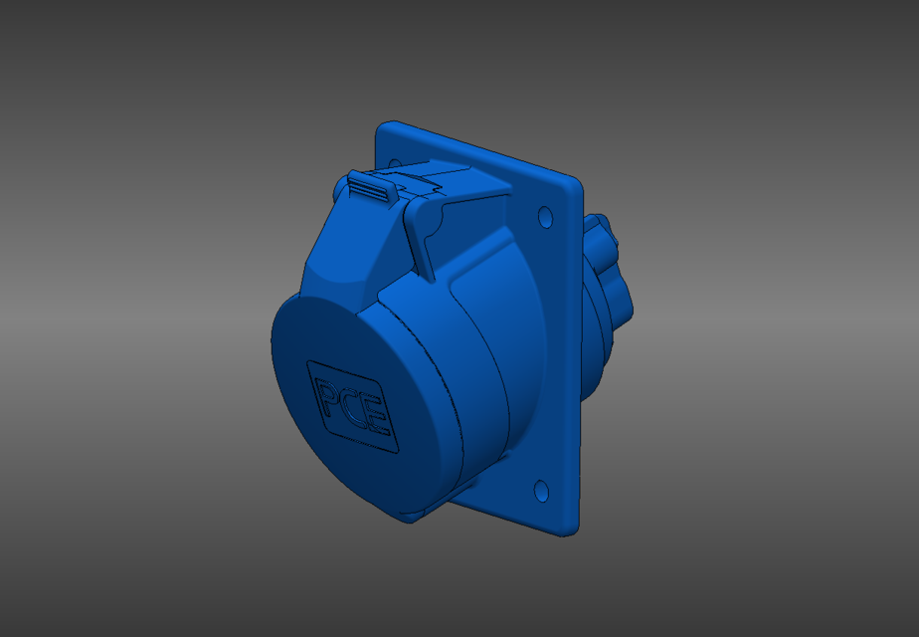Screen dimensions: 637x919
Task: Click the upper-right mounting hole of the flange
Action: (x=544, y=215)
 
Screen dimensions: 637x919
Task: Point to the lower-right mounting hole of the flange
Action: (x=541, y=490)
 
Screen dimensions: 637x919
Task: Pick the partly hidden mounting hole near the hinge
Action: (x=395, y=162)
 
